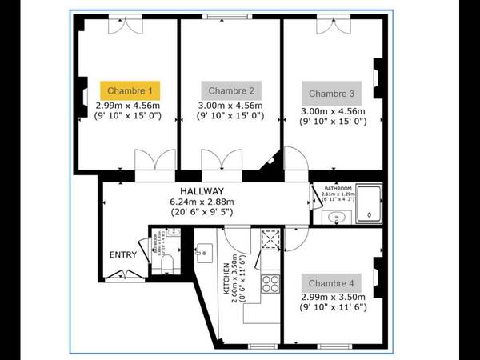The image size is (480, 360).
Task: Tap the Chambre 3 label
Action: tap(330, 93)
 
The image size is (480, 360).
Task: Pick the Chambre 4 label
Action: tap(330, 282)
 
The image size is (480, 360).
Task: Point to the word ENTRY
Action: tap(123, 255)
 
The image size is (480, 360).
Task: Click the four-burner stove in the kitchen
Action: tap(270, 282)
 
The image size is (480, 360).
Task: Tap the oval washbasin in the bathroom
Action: tap(333, 217)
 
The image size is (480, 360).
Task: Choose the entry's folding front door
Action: tap(126, 275)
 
